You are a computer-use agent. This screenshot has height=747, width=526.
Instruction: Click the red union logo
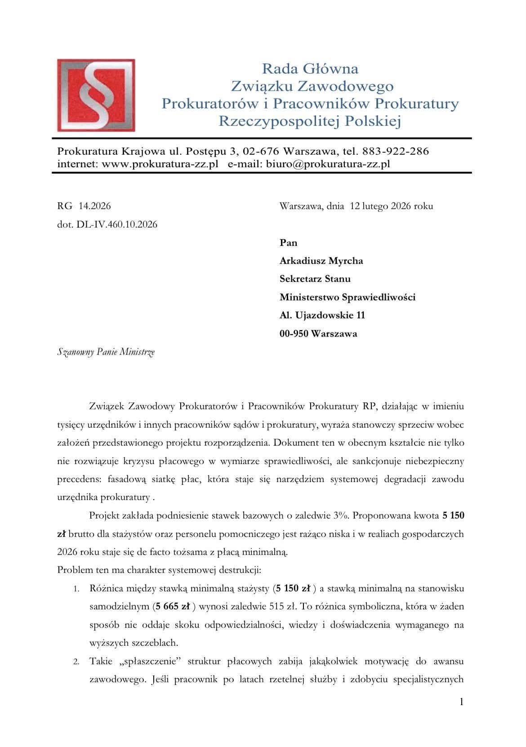(96, 95)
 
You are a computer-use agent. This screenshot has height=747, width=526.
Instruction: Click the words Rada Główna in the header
(310, 69)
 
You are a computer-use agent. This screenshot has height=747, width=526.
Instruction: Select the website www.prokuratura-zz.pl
(160, 164)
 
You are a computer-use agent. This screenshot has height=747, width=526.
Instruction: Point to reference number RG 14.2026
(84, 206)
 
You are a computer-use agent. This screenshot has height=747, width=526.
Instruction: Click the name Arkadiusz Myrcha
(321, 261)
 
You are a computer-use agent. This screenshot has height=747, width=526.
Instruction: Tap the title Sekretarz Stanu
(315, 279)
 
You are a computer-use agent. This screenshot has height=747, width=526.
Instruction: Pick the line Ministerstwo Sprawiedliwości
(347, 297)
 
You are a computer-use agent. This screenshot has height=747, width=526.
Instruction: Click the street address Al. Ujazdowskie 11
(322, 315)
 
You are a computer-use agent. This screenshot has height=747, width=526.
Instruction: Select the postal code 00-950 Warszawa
(318, 334)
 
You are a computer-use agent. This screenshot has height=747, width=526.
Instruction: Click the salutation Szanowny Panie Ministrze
(106, 352)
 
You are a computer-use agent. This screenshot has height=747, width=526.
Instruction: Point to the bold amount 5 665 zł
(172, 606)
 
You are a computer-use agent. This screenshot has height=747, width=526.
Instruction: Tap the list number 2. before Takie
(77, 662)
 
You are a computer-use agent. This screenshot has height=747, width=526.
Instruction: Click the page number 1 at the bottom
(461, 702)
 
